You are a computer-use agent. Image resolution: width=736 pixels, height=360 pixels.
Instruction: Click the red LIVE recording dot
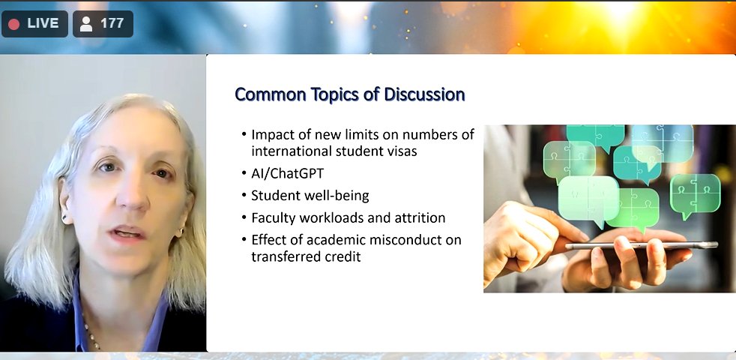pos(13,24)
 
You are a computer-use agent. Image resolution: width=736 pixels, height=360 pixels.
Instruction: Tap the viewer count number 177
pos(112,23)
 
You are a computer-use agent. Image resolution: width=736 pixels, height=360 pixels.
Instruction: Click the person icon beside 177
pos(86,24)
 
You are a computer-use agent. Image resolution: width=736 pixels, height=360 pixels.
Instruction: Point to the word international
pos(290,151)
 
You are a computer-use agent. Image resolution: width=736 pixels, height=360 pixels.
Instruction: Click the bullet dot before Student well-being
pos(244,196)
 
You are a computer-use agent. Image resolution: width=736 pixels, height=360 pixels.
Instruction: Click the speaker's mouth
pos(127,232)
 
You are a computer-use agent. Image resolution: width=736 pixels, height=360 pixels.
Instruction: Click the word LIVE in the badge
pos(43,23)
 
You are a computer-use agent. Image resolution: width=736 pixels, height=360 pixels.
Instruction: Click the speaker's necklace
pos(92,333)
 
